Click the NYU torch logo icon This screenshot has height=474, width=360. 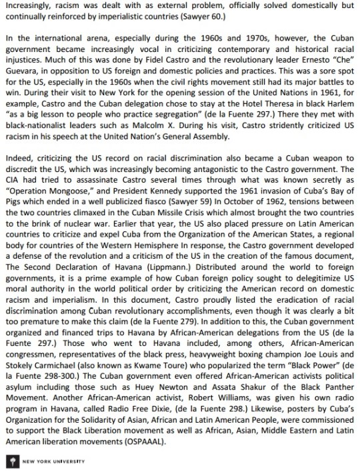pos(8,461)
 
